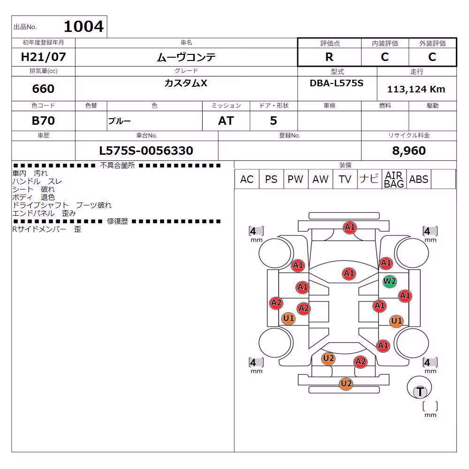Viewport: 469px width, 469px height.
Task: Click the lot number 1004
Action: click(84, 26)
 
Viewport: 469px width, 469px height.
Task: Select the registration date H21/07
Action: click(43, 57)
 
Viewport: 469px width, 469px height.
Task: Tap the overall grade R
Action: click(329, 57)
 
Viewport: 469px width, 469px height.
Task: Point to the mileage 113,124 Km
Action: click(416, 89)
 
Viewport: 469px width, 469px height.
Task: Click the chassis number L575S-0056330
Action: click(146, 151)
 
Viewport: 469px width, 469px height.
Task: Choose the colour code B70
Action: click(43, 121)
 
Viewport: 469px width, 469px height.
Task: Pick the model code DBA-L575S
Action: click(336, 83)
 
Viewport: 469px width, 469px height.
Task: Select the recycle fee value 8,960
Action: click(409, 151)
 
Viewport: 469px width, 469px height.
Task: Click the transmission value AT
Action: click(226, 121)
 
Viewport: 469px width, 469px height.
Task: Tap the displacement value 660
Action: click(43, 89)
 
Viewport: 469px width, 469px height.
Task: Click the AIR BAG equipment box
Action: click(394, 179)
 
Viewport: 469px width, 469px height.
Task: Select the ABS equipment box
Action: click(419, 179)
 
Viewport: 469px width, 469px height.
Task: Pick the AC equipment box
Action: click(247, 179)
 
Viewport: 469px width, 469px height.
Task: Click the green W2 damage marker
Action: click(389, 281)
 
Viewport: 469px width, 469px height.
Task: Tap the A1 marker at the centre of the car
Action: click(349, 273)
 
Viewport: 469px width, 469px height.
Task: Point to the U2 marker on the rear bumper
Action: click(346, 384)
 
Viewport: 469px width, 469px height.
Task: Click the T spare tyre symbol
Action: click(420, 392)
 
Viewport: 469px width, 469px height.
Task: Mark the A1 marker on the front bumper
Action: click(350, 227)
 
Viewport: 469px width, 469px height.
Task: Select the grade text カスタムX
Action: click(186, 83)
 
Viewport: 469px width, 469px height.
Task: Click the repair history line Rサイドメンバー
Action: click(39, 229)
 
